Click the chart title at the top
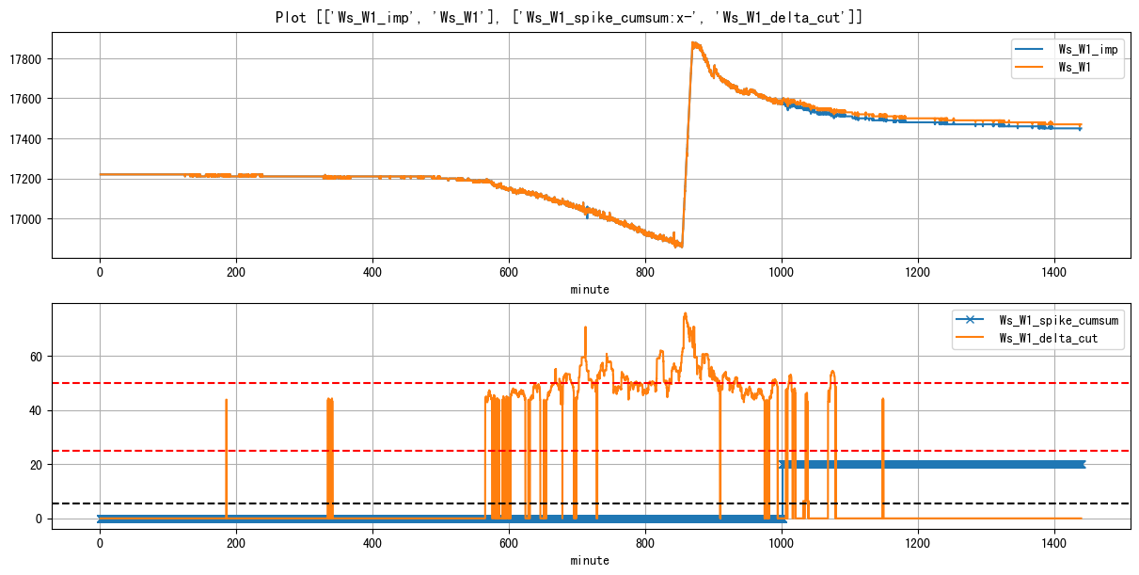pyautogui.click(x=569, y=17)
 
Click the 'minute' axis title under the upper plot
pyautogui.click(x=590, y=290)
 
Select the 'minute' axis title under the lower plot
pyautogui.click(x=590, y=561)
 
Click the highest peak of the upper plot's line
pyautogui.click(x=693, y=42)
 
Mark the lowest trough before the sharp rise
pyautogui.click(x=681, y=247)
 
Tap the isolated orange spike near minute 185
pyautogui.click(x=226, y=401)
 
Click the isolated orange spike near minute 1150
pyautogui.click(x=882, y=400)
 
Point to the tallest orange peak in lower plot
pyautogui.click(x=685, y=313)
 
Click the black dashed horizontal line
pyautogui.click(x=376, y=503)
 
